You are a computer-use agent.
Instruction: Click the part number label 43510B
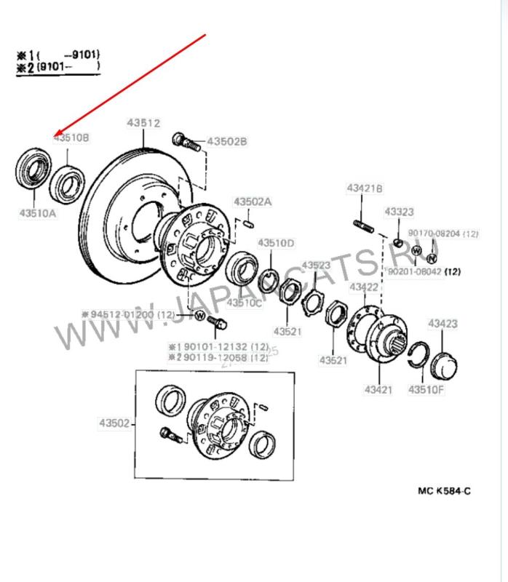click(x=71, y=137)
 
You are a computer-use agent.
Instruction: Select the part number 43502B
click(x=227, y=141)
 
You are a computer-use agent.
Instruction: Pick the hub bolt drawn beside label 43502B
click(x=187, y=141)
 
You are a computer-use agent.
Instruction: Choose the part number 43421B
click(x=364, y=189)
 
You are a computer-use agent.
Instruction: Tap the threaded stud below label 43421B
click(x=365, y=226)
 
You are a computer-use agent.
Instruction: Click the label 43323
click(x=399, y=212)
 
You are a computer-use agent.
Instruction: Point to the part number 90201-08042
click(x=415, y=271)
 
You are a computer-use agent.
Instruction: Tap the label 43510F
click(x=426, y=389)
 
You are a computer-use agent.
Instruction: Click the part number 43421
click(x=378, y=389)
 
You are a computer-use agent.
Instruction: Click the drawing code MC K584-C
click(x=442, y=491)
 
